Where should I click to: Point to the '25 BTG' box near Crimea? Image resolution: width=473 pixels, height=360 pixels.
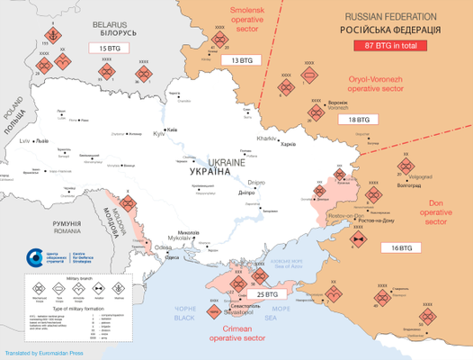click(x=267, y=293)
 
